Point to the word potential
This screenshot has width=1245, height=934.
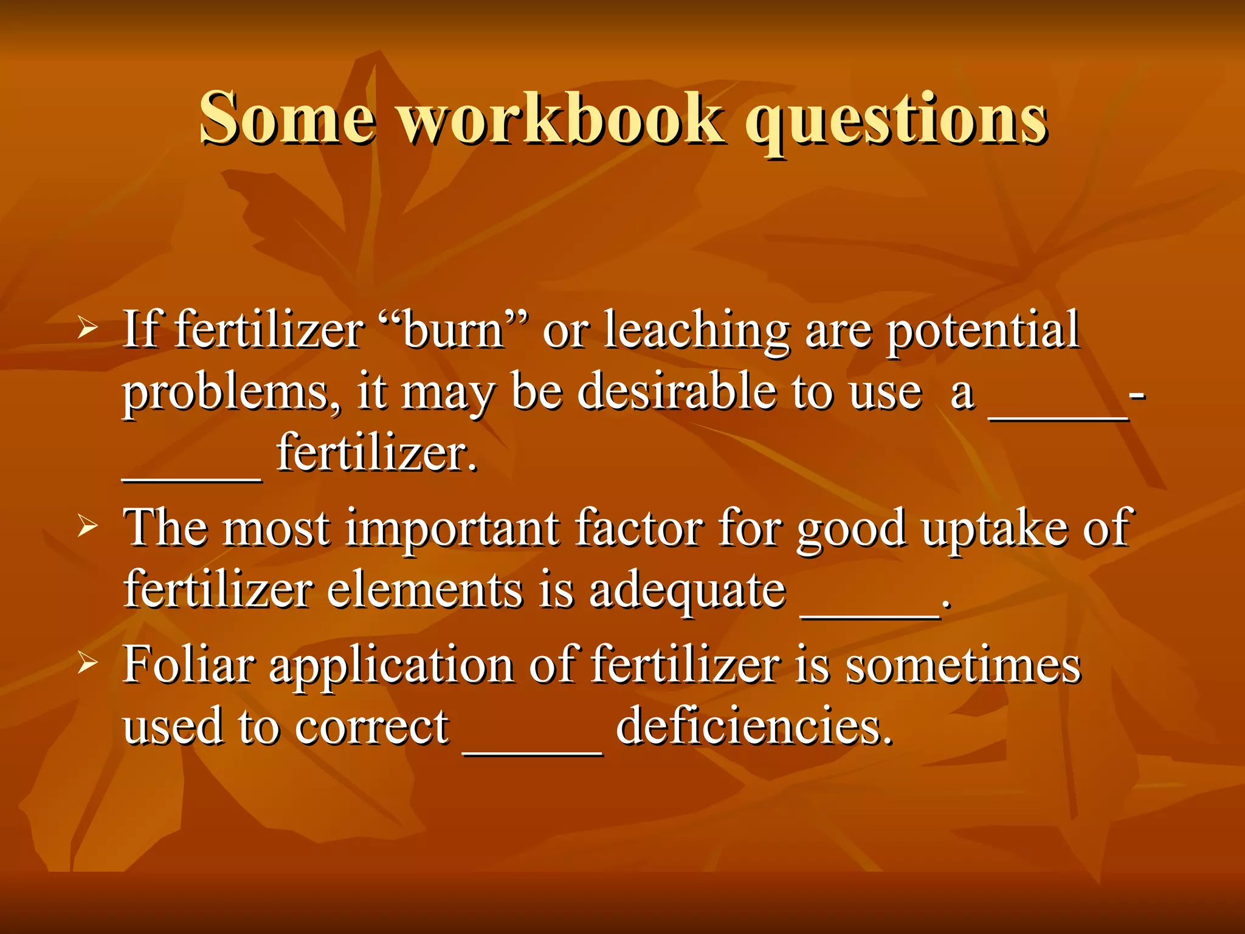pyautogui.click(x=982, y=330)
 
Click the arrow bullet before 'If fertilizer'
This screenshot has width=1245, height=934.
pyautogui.click(x=88, y=329)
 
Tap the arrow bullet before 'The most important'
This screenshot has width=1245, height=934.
pyautogui.click(x=88, y=527)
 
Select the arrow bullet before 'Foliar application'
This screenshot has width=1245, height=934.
pyautogui.click(x=88, y=663)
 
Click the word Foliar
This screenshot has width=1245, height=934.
pyautogui.click(x=188, y=665)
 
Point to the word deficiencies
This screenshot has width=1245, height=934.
pyautogui.click(x=754, y=726)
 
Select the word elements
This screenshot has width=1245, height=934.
pyautogui.click(x=424, y=590)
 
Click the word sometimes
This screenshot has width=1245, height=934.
pyautogui.click(x=963, y=665)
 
